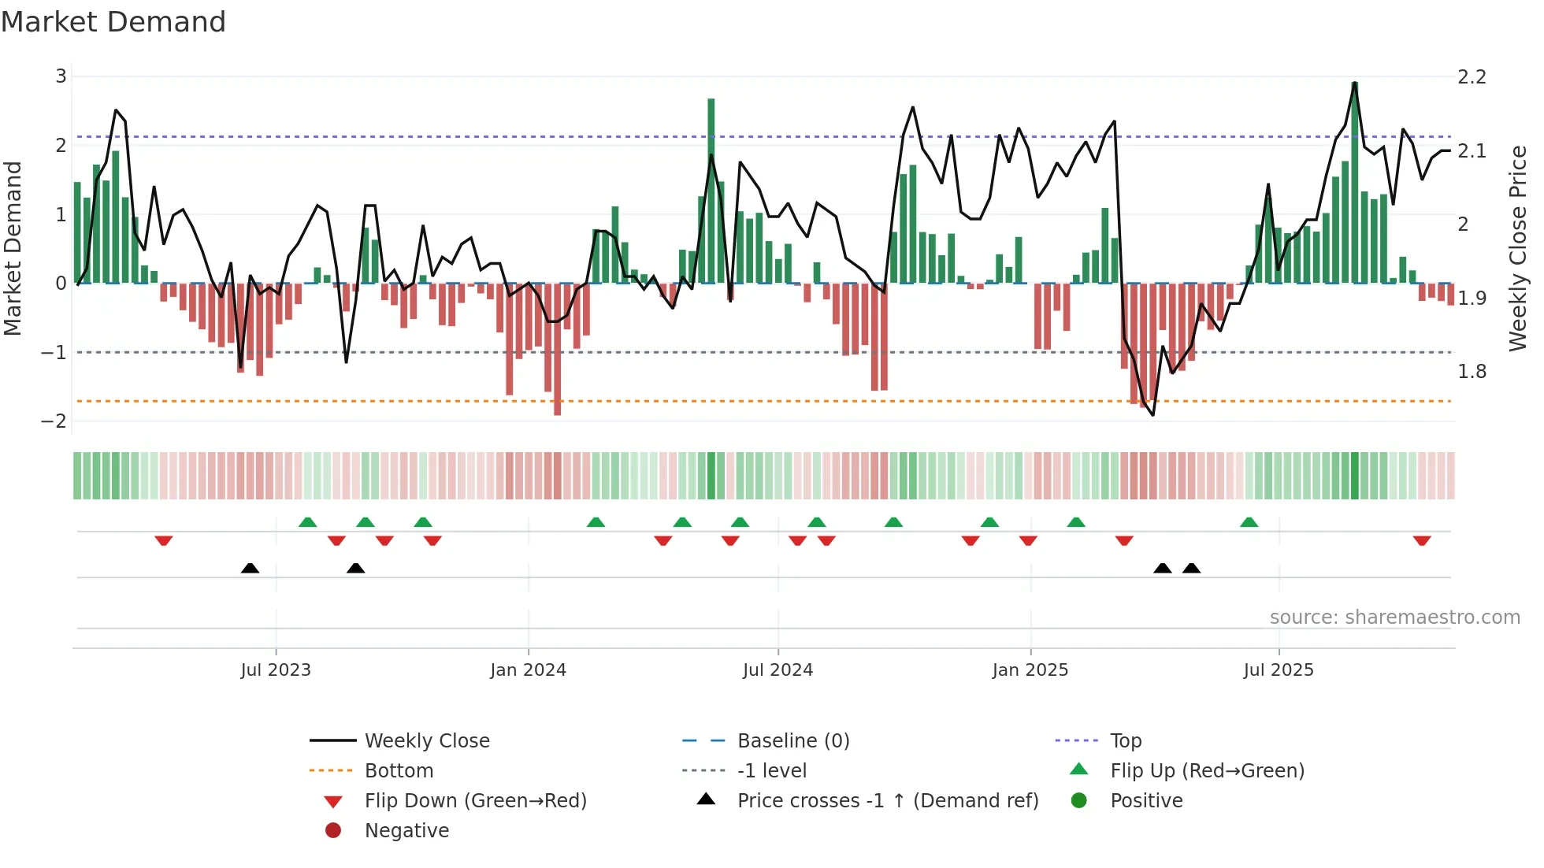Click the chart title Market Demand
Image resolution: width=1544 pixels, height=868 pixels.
(113, 21)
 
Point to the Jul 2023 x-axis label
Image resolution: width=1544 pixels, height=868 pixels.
(276, 670)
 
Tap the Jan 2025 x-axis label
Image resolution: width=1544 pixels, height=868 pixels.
(1030, 670)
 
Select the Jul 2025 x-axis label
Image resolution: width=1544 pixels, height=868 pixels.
(1279, 670)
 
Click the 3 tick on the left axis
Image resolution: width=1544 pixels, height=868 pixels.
(61, 76)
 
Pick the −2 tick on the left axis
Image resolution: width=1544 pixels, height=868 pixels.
(54, 421)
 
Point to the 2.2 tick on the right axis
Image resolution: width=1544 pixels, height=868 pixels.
(1472, 77)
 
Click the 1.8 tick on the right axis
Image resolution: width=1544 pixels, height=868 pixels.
(1472, 372)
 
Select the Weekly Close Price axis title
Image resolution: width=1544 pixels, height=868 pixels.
(1517, 248)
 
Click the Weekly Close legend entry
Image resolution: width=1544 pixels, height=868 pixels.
(427, 740)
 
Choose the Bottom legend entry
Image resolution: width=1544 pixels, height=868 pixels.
(399, 770)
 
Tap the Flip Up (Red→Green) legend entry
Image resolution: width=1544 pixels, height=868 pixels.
(1207, 770)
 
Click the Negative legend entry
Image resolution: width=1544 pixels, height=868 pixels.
(406, 830)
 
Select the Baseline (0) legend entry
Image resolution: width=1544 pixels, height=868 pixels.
(793, 740)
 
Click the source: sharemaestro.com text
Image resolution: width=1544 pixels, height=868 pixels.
(1394, 617)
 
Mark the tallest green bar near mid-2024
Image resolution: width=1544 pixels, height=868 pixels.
(711, 189)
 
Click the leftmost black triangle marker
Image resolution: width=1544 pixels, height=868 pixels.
(250, 568)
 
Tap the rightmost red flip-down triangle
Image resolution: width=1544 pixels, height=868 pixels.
(1422, 540)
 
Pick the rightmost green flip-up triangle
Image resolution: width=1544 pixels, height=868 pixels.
(1249, 522)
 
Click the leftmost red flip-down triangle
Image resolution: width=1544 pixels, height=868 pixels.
(164, 540)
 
